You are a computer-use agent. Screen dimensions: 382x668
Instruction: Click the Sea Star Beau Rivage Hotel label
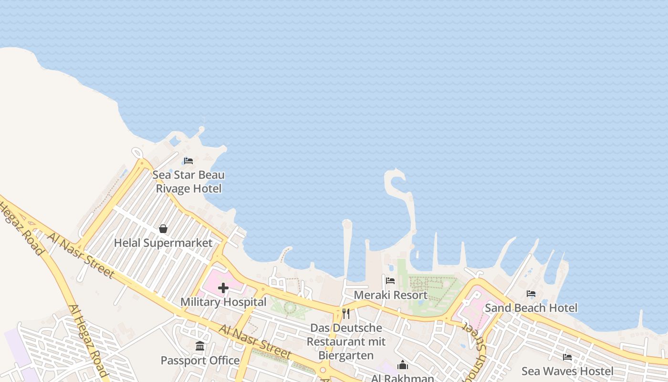coord(188,182)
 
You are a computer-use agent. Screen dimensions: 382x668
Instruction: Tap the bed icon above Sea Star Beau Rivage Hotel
coord(188,160)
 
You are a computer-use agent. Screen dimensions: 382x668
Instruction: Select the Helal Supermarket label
coord(163,243)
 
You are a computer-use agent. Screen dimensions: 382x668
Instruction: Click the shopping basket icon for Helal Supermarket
coord(163,229)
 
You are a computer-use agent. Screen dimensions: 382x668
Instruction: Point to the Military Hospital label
coord(223,302)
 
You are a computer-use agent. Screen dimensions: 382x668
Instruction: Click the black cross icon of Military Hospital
coord(223,288)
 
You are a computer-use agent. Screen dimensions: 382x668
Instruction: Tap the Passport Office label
coord(200,361)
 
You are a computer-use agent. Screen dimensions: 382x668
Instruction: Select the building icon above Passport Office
coord(200,346)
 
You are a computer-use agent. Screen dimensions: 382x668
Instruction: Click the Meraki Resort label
coord(391,295)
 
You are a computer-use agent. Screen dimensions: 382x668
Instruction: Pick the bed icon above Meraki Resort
coord(390,281)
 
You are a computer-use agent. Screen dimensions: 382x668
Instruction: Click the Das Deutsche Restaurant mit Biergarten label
coord(346,342)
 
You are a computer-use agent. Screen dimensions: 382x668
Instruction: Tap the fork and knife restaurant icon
coord(346,314)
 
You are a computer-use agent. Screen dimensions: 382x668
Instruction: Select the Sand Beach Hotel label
coord(531,308)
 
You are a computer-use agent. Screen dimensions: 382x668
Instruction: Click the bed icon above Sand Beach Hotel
coord(531,294)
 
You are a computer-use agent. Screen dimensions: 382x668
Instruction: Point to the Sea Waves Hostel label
coord(567,371)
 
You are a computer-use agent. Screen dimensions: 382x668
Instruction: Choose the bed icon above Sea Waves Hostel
coord(567,357)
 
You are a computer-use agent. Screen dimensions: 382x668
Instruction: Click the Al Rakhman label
coord(403,378)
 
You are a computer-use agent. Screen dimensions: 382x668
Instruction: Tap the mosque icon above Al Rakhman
coord(403,365)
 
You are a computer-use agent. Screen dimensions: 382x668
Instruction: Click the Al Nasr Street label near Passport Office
coord(255,341)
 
